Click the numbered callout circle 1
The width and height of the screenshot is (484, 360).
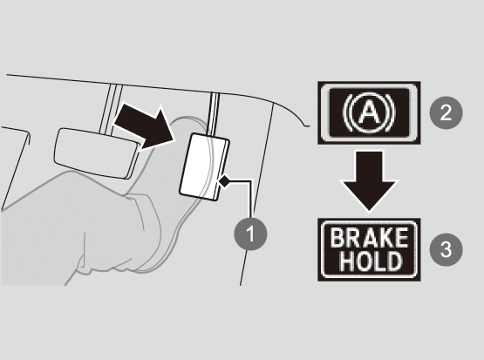[x=250, y=234]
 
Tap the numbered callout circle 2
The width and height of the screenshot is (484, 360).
[x=446, y=112]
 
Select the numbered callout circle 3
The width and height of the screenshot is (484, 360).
[x=446, y=249]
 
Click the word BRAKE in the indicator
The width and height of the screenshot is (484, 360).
[x=369, y=238]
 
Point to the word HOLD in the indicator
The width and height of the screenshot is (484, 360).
[x=371, y=262]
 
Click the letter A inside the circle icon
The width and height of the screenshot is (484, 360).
[x=369, y=112]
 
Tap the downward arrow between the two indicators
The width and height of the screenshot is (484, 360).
[x=369, y=181]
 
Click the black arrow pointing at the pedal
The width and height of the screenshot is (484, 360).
[x=145, y=127]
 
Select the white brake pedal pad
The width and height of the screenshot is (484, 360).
[x=204, y=166]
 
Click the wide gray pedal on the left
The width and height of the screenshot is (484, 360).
[x=96, y=153]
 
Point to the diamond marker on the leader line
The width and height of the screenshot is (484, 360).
[x=224, y=181]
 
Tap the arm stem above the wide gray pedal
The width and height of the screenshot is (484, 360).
[x=110, y=109]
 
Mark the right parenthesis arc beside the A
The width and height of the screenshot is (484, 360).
[x=391, y=112]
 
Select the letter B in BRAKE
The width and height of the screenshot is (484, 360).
[x=337, y=238]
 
